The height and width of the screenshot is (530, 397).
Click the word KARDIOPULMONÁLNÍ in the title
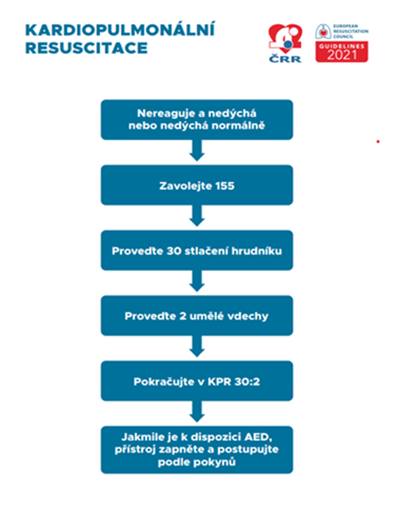(120, 29)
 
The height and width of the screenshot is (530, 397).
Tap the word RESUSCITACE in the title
(86, 48)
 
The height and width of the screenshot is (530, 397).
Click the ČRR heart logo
(285, 43)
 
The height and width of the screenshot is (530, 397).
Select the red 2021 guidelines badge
(341, 52)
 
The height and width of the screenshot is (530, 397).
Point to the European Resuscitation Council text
(351, 31)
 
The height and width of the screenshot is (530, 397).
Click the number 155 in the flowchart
(224, 185)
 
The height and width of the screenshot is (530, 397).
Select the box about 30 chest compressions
(197, 251)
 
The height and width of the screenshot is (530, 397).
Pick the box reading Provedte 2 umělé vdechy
(197, 315)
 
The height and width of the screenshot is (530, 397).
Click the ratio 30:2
(247, 382)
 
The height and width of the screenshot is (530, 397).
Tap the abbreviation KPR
(219, 382)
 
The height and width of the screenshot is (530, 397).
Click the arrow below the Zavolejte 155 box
(197, 216)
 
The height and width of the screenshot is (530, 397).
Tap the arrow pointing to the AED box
(197, 412)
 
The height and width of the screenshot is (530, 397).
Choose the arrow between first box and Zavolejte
(197, 150)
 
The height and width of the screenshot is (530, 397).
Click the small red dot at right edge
(378, 141)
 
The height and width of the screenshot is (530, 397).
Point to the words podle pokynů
(197, 462)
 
